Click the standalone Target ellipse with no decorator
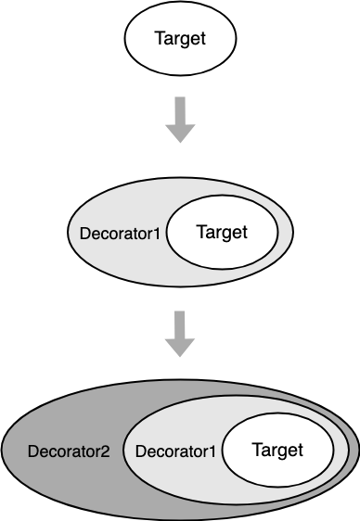pos(179,40)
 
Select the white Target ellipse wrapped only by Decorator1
pos(222,232)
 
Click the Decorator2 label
pos(69,452)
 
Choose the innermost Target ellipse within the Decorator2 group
pos(277,451)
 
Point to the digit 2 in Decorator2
pos(105,452)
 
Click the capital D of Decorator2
pos(33,452)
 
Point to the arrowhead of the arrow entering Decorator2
pos(180,347)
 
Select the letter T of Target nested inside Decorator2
pos(256,451)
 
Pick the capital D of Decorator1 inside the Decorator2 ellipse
pos(141,452)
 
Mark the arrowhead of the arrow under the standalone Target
pos(180,133)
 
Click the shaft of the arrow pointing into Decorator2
pos(180,325)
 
